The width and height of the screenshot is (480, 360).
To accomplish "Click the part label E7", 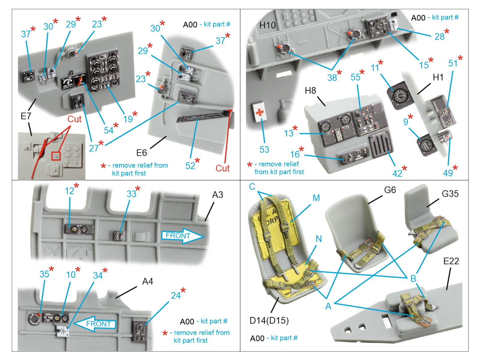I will click(26, 116).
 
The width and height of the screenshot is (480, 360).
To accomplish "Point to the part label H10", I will click(267, 25).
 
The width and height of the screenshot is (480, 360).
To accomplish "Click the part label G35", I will click(450, 194).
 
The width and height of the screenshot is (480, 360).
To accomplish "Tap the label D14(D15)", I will click(269, 321).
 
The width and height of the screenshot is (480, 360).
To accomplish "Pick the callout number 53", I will click(264, 149).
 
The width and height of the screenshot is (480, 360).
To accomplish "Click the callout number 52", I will click(190, 166).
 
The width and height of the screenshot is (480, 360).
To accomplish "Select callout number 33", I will click(131, 194).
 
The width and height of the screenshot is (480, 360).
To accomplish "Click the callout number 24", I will click(176, 295).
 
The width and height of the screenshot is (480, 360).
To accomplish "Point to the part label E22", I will click(451, 261).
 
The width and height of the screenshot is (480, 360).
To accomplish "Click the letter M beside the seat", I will click(316, 198).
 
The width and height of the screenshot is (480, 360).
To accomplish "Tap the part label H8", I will click(310, 90).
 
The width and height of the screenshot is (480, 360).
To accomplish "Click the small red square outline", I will click(56, 156).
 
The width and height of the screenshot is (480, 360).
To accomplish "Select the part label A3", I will click(217, 195).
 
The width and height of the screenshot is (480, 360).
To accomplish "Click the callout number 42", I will click(397, 173).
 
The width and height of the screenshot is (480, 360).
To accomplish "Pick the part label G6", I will click(390, 190).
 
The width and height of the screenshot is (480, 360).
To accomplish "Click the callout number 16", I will click(295, 154).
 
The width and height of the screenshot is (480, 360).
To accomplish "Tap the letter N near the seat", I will click(319, 239).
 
